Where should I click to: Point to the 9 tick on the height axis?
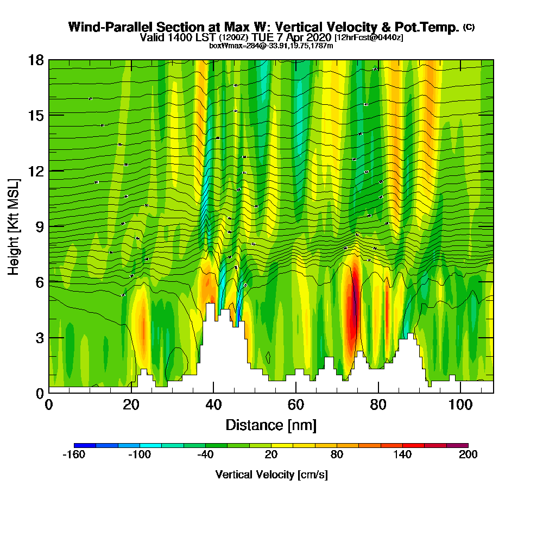[x=39, y=226]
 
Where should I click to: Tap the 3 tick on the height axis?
[x=39, y=338]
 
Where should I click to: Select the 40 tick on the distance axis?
[x=213, y=404]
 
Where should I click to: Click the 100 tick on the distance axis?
[x=460, y=404]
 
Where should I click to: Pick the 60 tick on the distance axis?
[x=296, y=404]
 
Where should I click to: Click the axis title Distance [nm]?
[x=271, y=425]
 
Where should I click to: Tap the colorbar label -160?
[x=74, y=455]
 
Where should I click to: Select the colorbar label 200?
[x=468, y=455]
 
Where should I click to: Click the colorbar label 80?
[x=337, y=455]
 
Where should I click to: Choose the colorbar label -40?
[x=205, y=455]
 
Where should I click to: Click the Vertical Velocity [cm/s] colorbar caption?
[x=271, y=475]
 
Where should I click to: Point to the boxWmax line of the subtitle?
[x=271, y=46]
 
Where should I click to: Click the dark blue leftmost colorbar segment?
[x=85, y=445]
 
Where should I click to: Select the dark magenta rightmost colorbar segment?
[x=457, y=445]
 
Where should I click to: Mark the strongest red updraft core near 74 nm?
[x=353, y=315]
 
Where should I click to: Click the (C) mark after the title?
[x=469, y=27]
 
